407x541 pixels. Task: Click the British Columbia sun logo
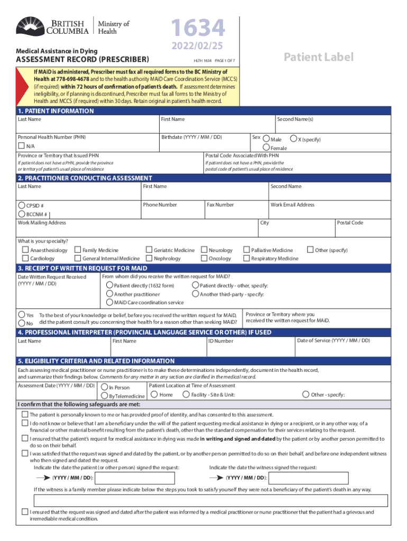point(32,25)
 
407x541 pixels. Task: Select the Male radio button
point(266,139)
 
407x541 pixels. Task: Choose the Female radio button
point(266,148)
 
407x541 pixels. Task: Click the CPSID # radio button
point(21,206)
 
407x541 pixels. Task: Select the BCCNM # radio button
point(21,214)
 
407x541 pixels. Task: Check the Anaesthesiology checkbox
point(25,250)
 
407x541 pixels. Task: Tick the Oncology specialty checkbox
point(204,258)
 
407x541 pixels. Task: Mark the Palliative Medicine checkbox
point(246,250)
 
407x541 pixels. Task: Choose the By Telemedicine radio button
point(104,396)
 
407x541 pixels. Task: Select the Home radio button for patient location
point(154,394)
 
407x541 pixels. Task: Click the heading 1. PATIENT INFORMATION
point(55,111)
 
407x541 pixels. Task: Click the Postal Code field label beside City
point(350,222)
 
